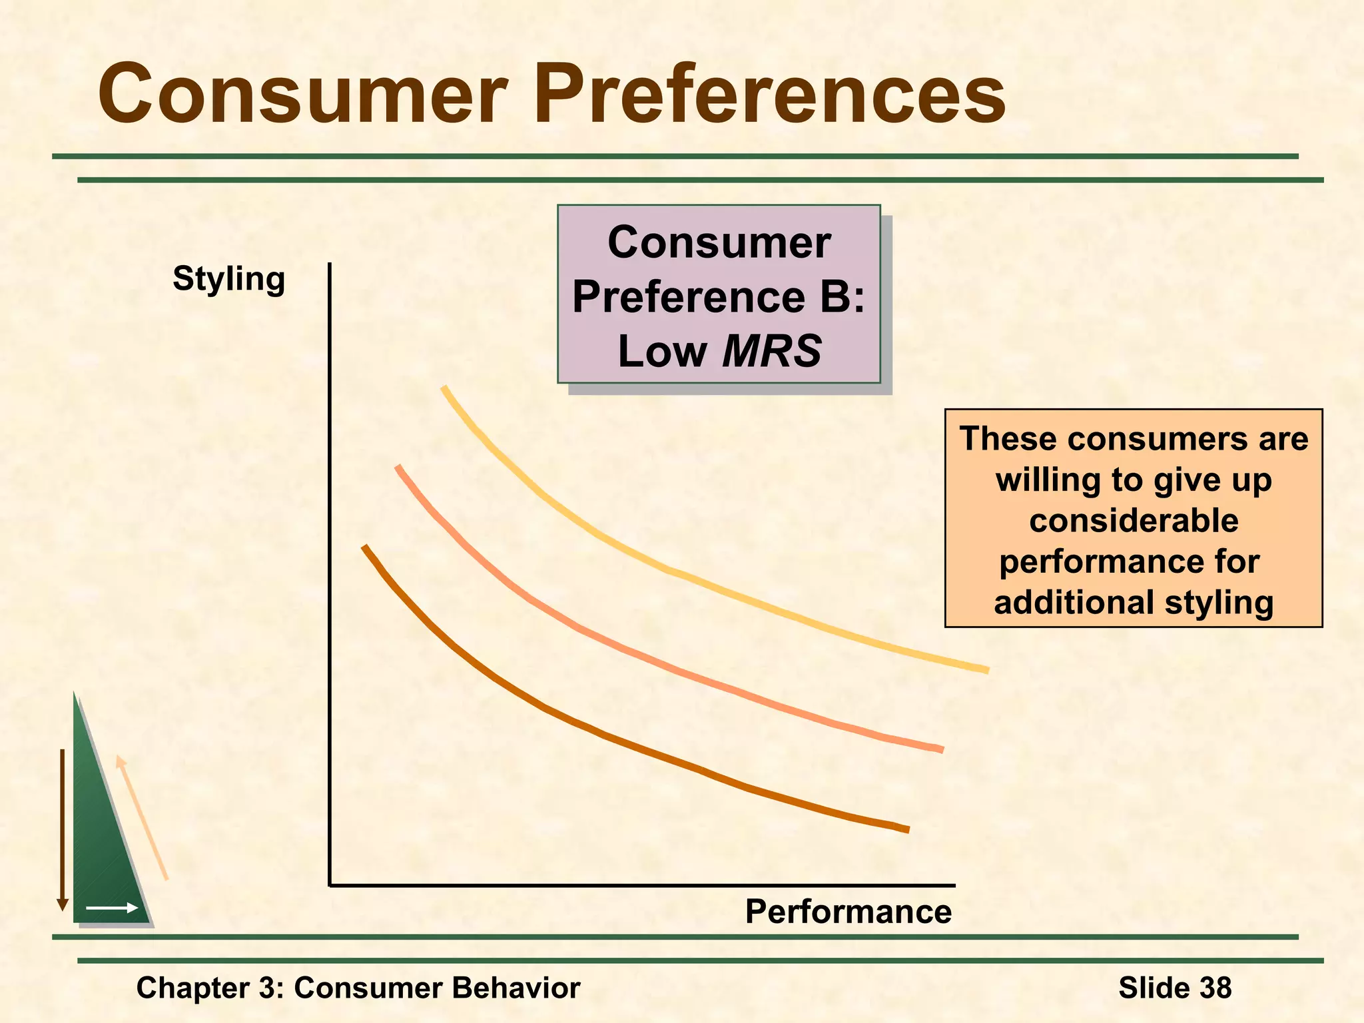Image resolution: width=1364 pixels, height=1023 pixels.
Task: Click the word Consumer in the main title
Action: (x=303, y=95)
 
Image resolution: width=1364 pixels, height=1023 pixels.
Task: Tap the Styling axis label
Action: (x=228, y=278)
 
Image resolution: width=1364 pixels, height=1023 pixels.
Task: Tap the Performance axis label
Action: (x=848, y=911)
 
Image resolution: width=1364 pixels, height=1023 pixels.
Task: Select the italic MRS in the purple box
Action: (x=772, y=351)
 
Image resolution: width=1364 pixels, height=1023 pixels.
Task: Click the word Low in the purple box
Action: (x=662, y=351)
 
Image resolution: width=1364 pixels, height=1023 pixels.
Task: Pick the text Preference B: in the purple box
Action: (x=719, y=296)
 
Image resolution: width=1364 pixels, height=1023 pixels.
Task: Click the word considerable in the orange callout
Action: (x=1134, y=520)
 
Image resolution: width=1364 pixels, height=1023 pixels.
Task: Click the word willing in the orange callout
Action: (x=1044, y=480)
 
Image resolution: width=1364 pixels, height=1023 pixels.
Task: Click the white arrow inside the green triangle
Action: (x=111, y=908)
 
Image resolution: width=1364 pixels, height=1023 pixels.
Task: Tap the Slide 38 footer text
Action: (x=1175, y=988)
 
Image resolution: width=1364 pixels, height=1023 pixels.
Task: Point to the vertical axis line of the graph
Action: (x=330, y=573)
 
